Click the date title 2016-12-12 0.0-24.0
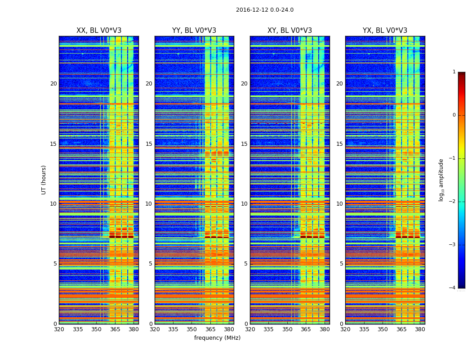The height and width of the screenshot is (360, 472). [x=264, y=10]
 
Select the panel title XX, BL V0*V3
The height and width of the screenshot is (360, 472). [x=99, y=31]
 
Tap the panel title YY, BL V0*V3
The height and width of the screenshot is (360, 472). [x=194, y=31]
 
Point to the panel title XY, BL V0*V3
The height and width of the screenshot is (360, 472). [x=289, y=31]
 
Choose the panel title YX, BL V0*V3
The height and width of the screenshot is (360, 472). [x=385, y=31]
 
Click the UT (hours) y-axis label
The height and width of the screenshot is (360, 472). [x=44, y=180]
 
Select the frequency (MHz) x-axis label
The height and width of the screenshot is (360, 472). [x=217, y=338]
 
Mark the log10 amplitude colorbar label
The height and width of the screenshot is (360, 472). [x=441, y=180]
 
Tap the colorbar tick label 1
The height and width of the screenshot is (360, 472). [x=454, y=72]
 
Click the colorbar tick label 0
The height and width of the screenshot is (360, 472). [x=454, y=115]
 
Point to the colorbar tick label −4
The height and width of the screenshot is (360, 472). [x=453, y=288]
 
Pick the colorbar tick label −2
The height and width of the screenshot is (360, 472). [x=453, y=202]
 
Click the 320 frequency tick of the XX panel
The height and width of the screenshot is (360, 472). [x=59, y=329]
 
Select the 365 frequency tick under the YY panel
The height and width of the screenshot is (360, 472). [x=210, y=329]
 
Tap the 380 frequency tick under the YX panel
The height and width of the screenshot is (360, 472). [x=420, y=329]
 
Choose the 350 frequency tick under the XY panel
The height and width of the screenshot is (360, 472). [x=287, y=329]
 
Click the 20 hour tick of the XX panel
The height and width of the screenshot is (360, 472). [x=53, y=84]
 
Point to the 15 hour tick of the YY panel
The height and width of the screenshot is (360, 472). [x=149, y=144]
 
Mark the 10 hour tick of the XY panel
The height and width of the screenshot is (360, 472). [x=244, y=204]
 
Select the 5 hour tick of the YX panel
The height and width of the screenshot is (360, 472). [x=341, y=264]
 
